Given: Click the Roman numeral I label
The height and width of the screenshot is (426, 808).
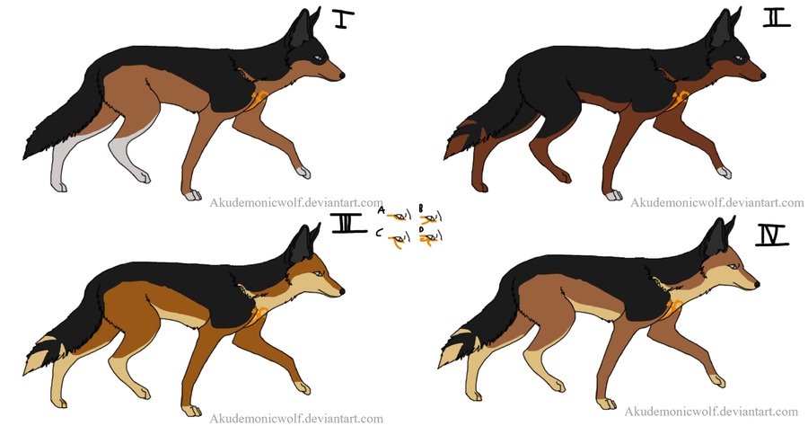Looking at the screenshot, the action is (x=342, y=19).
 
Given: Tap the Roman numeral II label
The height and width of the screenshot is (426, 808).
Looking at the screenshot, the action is (x=776, y=19).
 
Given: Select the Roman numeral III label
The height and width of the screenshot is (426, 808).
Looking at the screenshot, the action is (x=349, y=225).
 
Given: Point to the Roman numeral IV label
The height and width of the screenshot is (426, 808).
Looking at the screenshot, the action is (x=772, y=235).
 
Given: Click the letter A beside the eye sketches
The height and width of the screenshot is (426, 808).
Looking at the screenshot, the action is (x=382, y=210).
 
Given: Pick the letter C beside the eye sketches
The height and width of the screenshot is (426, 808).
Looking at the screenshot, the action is (x=379, y=234).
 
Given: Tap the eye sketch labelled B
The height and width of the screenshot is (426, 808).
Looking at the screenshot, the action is (x=430, y=218).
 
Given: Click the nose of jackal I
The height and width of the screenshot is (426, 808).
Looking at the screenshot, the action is (x=342, y=75).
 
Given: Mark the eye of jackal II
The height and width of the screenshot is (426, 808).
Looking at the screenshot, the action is (x=740, y=58).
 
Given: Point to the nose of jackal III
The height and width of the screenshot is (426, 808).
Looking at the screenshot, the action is (x=342, y=291).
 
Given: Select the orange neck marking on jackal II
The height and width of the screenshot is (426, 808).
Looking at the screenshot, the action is (x=681, y=99).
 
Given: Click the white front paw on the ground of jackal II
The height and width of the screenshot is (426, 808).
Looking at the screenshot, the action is (x=614, y=195).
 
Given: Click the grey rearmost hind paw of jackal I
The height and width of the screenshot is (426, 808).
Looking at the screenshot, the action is (x=58, y=186).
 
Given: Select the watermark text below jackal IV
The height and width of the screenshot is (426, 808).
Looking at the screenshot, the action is (x=711, y=412).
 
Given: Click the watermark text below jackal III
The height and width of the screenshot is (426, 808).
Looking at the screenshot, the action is (x=296, y=418).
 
